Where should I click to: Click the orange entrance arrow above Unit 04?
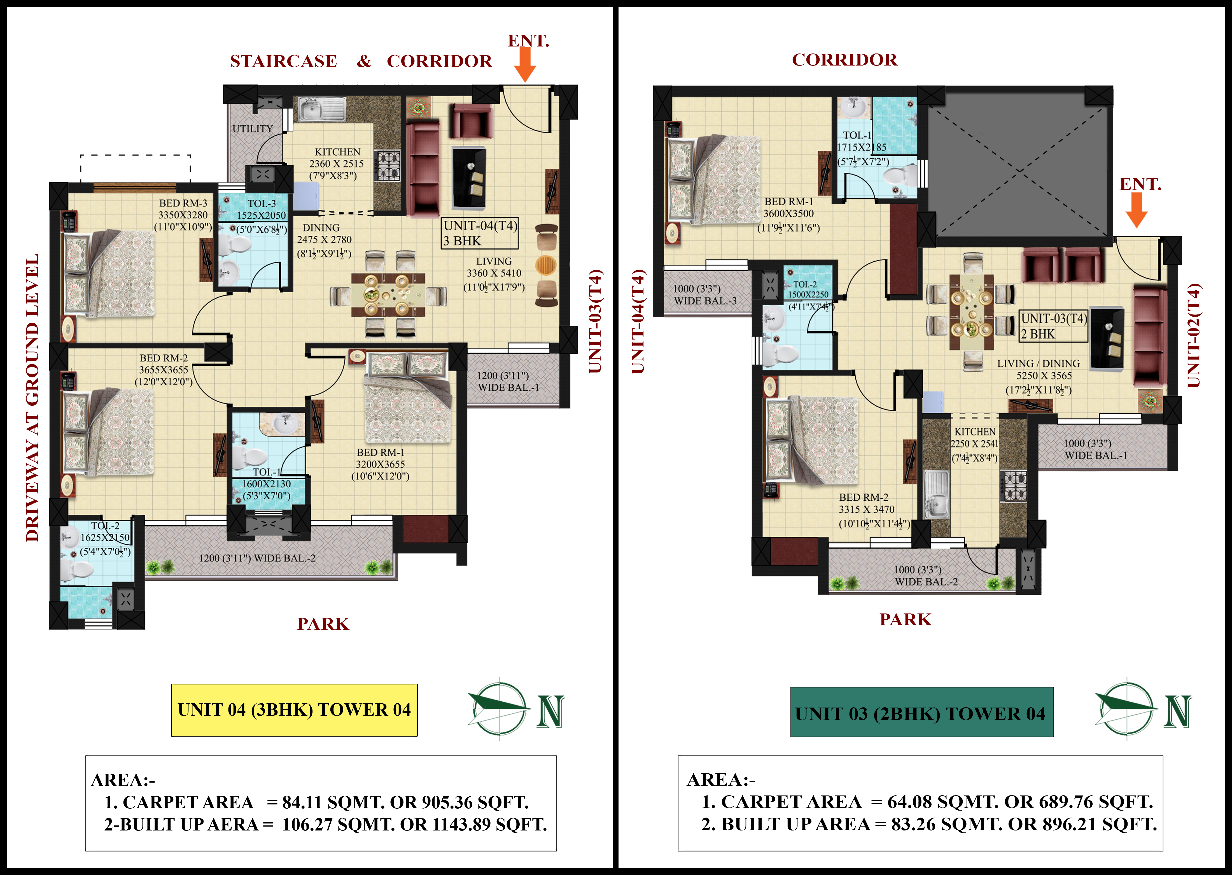coord(525,65)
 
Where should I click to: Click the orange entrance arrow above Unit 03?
coord(1136,210)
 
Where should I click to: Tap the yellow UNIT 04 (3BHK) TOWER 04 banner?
coord(294,710)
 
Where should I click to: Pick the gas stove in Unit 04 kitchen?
coord(388,165)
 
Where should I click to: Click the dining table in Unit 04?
coord(388,295)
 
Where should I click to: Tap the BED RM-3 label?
coord(183,203)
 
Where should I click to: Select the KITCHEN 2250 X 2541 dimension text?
coord(974,444)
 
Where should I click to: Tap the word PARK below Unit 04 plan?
coord(323,624)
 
